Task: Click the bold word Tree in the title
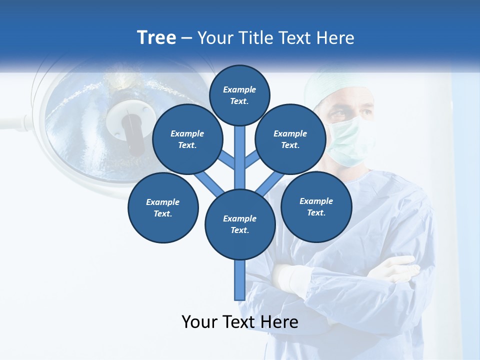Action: (156, 38)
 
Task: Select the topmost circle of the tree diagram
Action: (239, 95)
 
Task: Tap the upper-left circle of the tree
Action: (187, 139)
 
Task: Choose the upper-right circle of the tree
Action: (290, 139)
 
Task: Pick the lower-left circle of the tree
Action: (163, 208)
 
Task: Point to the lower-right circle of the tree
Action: (316, 207)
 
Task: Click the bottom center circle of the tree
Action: (240, 224)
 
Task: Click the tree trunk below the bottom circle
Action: (239, 280)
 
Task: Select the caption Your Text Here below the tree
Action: (239, 322)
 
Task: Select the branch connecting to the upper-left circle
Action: (228, 161)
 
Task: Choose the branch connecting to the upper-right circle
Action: (251, 161)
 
